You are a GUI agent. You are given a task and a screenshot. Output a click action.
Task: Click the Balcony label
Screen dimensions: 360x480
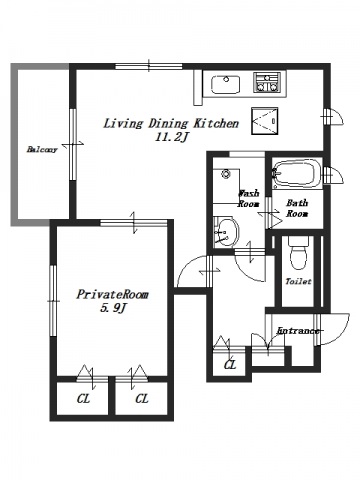click(x=42, y=149)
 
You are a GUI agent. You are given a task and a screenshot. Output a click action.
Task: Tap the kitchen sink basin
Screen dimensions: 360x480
click(x=226, y=84)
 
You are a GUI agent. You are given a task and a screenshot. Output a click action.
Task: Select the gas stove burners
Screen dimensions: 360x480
click(x=267, y=82)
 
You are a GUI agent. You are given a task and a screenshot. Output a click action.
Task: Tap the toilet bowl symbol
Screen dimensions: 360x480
click(x=298, y=253)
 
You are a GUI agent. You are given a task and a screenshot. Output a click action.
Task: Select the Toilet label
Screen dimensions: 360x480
click(x=298, y=281)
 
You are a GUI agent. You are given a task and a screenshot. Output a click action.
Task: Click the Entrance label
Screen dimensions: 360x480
click(x=298, y=331)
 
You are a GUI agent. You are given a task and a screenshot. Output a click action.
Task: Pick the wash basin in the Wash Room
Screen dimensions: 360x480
click(x=227, y=232)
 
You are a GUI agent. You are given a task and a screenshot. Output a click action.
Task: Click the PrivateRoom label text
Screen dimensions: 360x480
click(x=113, y=295)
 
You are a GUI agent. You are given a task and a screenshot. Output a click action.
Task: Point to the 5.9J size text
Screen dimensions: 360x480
click(x=114, y=309)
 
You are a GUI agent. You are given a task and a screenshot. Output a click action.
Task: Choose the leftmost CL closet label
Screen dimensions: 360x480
click(x=83, y=399)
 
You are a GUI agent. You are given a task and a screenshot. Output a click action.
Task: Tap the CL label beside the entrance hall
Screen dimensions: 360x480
click(x=230, y=365)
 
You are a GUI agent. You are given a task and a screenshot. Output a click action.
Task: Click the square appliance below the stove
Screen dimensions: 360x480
click(x=265, y=121)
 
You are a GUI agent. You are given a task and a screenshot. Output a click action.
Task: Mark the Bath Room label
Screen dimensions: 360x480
click(x=297, y=208)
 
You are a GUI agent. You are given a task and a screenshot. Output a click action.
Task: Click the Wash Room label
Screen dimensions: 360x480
click(x=248, y=199)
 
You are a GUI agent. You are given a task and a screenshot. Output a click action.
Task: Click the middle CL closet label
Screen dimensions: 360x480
click(x=142, y=399)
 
